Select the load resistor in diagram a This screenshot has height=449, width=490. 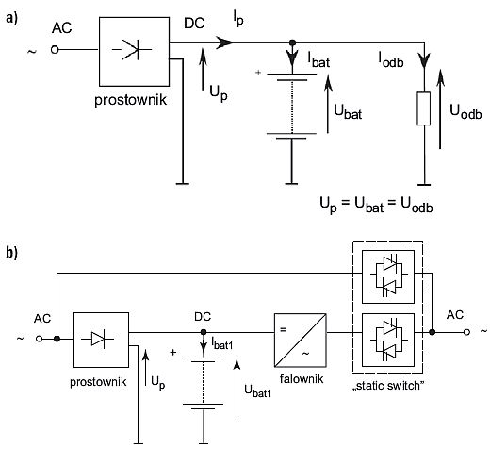[424, 108]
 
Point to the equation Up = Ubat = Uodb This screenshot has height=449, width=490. [376, 205]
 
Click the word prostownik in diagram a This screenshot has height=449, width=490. [130, 100]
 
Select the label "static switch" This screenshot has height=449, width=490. [388, 386]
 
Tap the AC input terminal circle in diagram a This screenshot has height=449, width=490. [55, 50]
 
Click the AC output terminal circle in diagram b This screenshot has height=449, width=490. [466, 332]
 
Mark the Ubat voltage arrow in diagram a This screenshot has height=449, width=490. [328, 104]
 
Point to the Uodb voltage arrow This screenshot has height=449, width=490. [440, 108]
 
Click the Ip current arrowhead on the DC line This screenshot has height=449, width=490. [224, 42]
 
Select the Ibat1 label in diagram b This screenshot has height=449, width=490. [222, 343]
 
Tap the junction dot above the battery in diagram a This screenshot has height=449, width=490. [292, 42]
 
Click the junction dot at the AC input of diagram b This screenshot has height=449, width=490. [57, 339]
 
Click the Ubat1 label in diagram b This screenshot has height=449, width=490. [258, 391]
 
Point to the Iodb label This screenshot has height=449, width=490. [391, 59]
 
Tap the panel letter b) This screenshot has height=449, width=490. [11, 253]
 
